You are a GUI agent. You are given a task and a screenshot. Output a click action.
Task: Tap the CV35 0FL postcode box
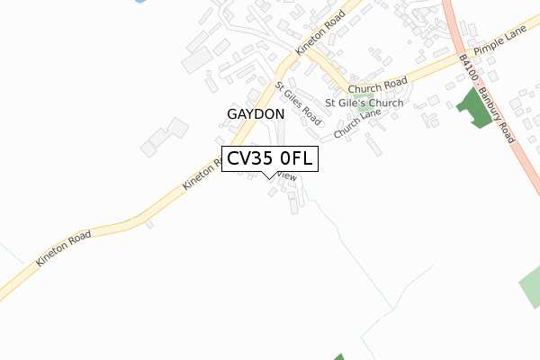269,159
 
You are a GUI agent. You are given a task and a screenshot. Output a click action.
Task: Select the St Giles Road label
299,103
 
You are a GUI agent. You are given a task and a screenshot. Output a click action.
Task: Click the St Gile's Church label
364,103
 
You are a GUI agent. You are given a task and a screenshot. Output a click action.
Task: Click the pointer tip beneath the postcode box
270,176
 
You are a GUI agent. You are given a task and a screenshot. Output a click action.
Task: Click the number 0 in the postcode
286,159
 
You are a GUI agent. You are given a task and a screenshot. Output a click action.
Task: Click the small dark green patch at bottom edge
339,357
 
